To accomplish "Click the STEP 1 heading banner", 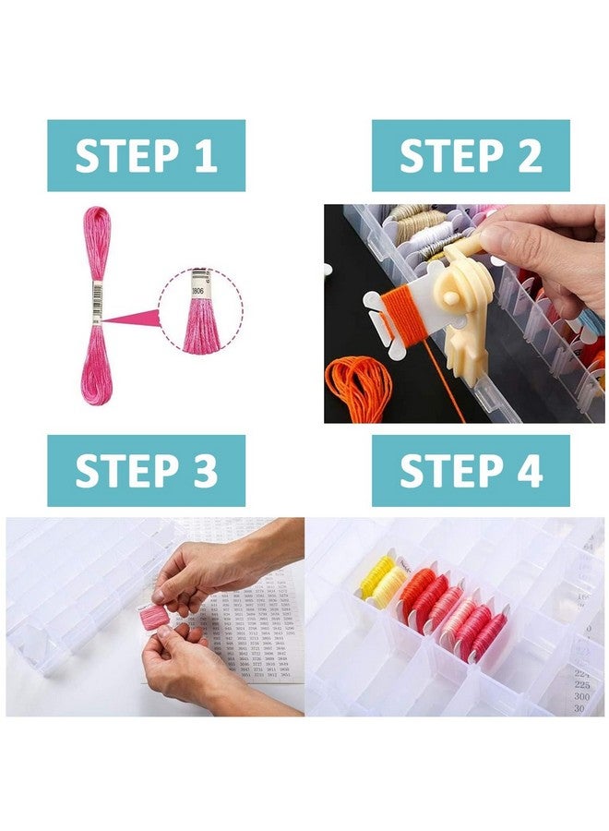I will click(x=146, y=155).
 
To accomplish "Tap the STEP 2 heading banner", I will click(x=471, y=155).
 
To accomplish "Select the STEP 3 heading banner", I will click(x=146, y=471).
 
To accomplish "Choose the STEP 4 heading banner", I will click(x=471, y=471).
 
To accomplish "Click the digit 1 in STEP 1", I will click(x=204, y=155).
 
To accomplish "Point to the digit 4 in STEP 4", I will click(x=529, y=471).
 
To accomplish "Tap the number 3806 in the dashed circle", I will click(x=197, y=289).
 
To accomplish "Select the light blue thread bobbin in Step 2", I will click(x=591, y=322).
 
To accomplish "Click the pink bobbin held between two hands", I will click(x=153, y=616).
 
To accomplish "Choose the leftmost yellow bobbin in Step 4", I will click(x=375, y=578).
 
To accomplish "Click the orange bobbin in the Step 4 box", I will click(x=414, y=591).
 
